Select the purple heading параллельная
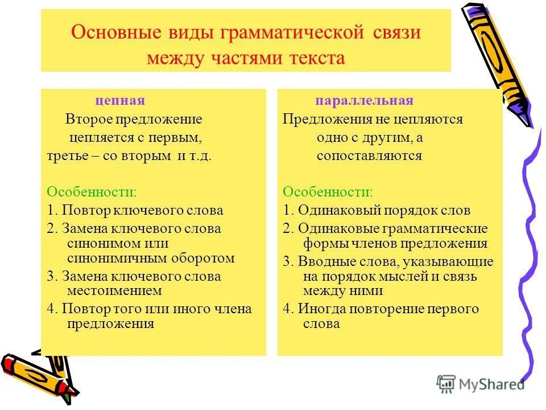[x=364, y=101]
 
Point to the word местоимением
[x=114, y=290]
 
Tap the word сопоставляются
[x=369, y=155]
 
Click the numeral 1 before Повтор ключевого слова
[x=50, y=210]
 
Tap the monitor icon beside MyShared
[x=446, y=383]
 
